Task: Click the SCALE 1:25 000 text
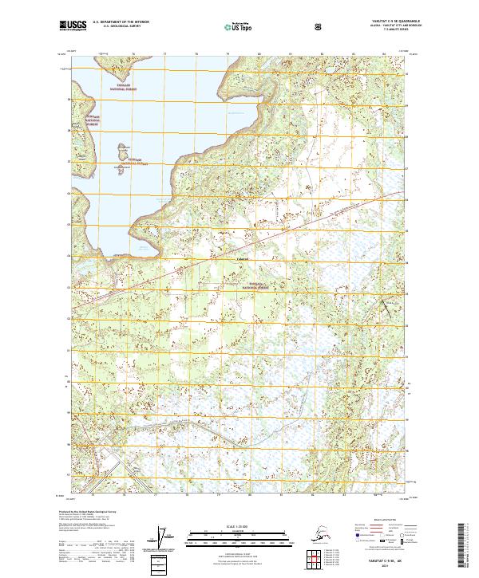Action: tap(239, 527)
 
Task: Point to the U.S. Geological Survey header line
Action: tap(117, 28)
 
